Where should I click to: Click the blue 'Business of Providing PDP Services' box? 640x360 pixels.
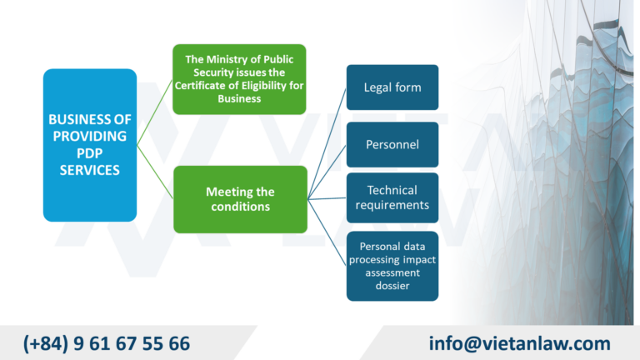tap(89, 144)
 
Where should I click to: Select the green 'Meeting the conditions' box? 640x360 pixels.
tap(239, 199)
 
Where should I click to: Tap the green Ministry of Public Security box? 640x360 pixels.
tap(239, 79)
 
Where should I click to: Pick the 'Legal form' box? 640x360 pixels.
tap(392, 87)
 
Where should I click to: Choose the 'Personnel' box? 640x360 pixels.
tap(392, 144)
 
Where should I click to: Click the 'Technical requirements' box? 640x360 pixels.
tap(392, 197)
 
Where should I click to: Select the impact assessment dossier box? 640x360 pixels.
tap(392, 266)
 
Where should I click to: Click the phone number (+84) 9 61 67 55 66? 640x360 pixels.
tap(107, 343)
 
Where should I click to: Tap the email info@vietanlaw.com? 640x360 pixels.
tap(519, 343)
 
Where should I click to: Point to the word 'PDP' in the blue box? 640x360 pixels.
tap(89, 152)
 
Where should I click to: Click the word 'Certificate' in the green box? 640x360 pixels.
tap(217, 85)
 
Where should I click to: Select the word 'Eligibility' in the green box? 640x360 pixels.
tap(269, 85)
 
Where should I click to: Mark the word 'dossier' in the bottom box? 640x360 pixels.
tap(392, 286)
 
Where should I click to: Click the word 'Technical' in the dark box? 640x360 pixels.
tap(392, 190)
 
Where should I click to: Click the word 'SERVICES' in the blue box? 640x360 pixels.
tap(89, 170)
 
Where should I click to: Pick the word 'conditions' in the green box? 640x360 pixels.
tap(239, 207)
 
